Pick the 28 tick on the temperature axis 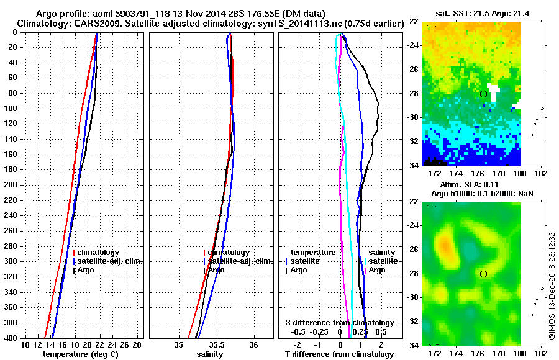pyautogui.click(x=137, y=344)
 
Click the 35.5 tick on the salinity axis pyautogui.click(x=216, y=344)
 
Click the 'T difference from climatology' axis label pyautogui.click(x=339, y=354)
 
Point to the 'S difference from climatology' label pyautogui.click(x=339, y=323)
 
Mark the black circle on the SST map pyautogui.click(x=483, y=94)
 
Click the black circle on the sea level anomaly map pyautogui.click(x=483, y=274)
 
